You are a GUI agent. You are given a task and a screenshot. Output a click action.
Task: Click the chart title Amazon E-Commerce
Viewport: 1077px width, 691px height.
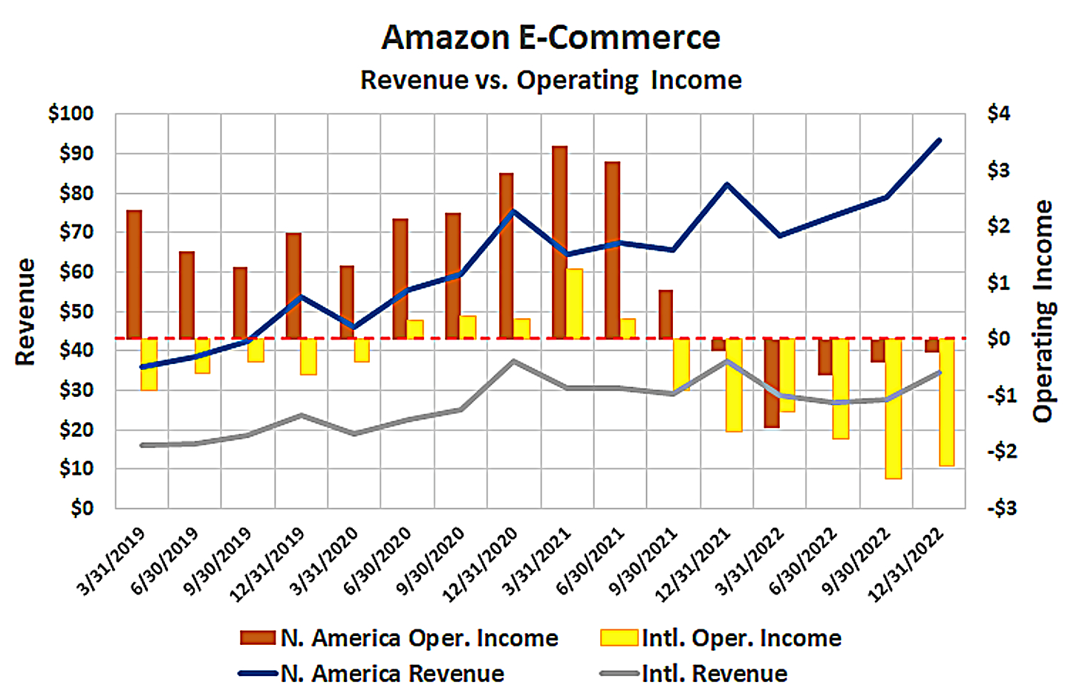pos(550,37)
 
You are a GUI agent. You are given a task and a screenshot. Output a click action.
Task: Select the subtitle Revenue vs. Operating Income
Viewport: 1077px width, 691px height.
pos(550,80)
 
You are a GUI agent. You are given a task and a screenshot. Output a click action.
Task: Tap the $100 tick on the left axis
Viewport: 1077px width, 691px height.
pos(71,114)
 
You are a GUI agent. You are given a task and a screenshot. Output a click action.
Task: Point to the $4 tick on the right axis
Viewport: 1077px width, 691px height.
pos(998,114)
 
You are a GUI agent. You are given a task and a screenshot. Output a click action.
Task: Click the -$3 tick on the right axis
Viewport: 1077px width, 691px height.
pos(1001,508)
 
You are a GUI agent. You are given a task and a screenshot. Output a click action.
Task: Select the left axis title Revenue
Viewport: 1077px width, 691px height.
pos(26,311)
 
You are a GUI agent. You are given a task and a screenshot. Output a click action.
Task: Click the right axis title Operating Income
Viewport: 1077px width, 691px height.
pos(1044,311)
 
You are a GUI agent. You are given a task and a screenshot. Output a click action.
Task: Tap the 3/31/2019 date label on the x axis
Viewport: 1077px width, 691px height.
pos(111,562)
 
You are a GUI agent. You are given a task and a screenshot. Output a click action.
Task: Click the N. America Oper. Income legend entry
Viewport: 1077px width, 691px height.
pos(400,638)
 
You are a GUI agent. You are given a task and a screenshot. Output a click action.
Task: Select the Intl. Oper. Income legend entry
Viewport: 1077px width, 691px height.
pos(720,638)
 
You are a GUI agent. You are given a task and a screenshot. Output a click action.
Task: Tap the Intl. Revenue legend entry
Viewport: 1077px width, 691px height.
pos(694,674)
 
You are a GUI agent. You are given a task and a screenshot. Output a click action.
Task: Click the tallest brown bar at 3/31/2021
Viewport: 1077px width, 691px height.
pos(559,242)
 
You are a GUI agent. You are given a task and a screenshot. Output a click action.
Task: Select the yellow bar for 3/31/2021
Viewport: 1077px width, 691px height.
pos(574,303)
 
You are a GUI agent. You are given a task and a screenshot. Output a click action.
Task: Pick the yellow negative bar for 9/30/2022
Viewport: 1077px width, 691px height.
pos(893,408)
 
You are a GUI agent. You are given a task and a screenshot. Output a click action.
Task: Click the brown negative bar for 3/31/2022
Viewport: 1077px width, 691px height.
pos(771,383)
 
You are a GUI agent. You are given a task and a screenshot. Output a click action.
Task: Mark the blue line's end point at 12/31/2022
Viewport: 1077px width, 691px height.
pos(940,140)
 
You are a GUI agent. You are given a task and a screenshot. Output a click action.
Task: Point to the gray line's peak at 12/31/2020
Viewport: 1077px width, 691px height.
pos(514,361)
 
